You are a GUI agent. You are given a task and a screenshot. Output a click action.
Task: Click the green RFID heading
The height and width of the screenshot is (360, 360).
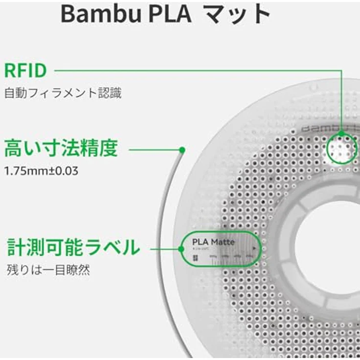coord(25,71)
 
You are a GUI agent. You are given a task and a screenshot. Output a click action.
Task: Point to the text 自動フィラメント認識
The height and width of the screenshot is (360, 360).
coord(63,93)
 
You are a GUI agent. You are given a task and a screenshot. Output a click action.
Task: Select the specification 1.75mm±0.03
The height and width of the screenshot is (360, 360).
coord(41,172)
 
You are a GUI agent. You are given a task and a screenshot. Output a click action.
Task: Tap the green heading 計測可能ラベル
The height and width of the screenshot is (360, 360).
coord(73,248)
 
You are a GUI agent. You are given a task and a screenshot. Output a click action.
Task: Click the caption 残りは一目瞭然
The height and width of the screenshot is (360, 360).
coord(48,270)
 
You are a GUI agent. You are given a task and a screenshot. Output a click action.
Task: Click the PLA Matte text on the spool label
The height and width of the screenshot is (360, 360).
coord(213,242)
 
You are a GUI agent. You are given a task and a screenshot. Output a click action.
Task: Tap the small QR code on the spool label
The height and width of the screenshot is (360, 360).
coord(195,258)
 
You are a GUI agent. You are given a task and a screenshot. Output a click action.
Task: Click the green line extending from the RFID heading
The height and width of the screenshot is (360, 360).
coord(196,71)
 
